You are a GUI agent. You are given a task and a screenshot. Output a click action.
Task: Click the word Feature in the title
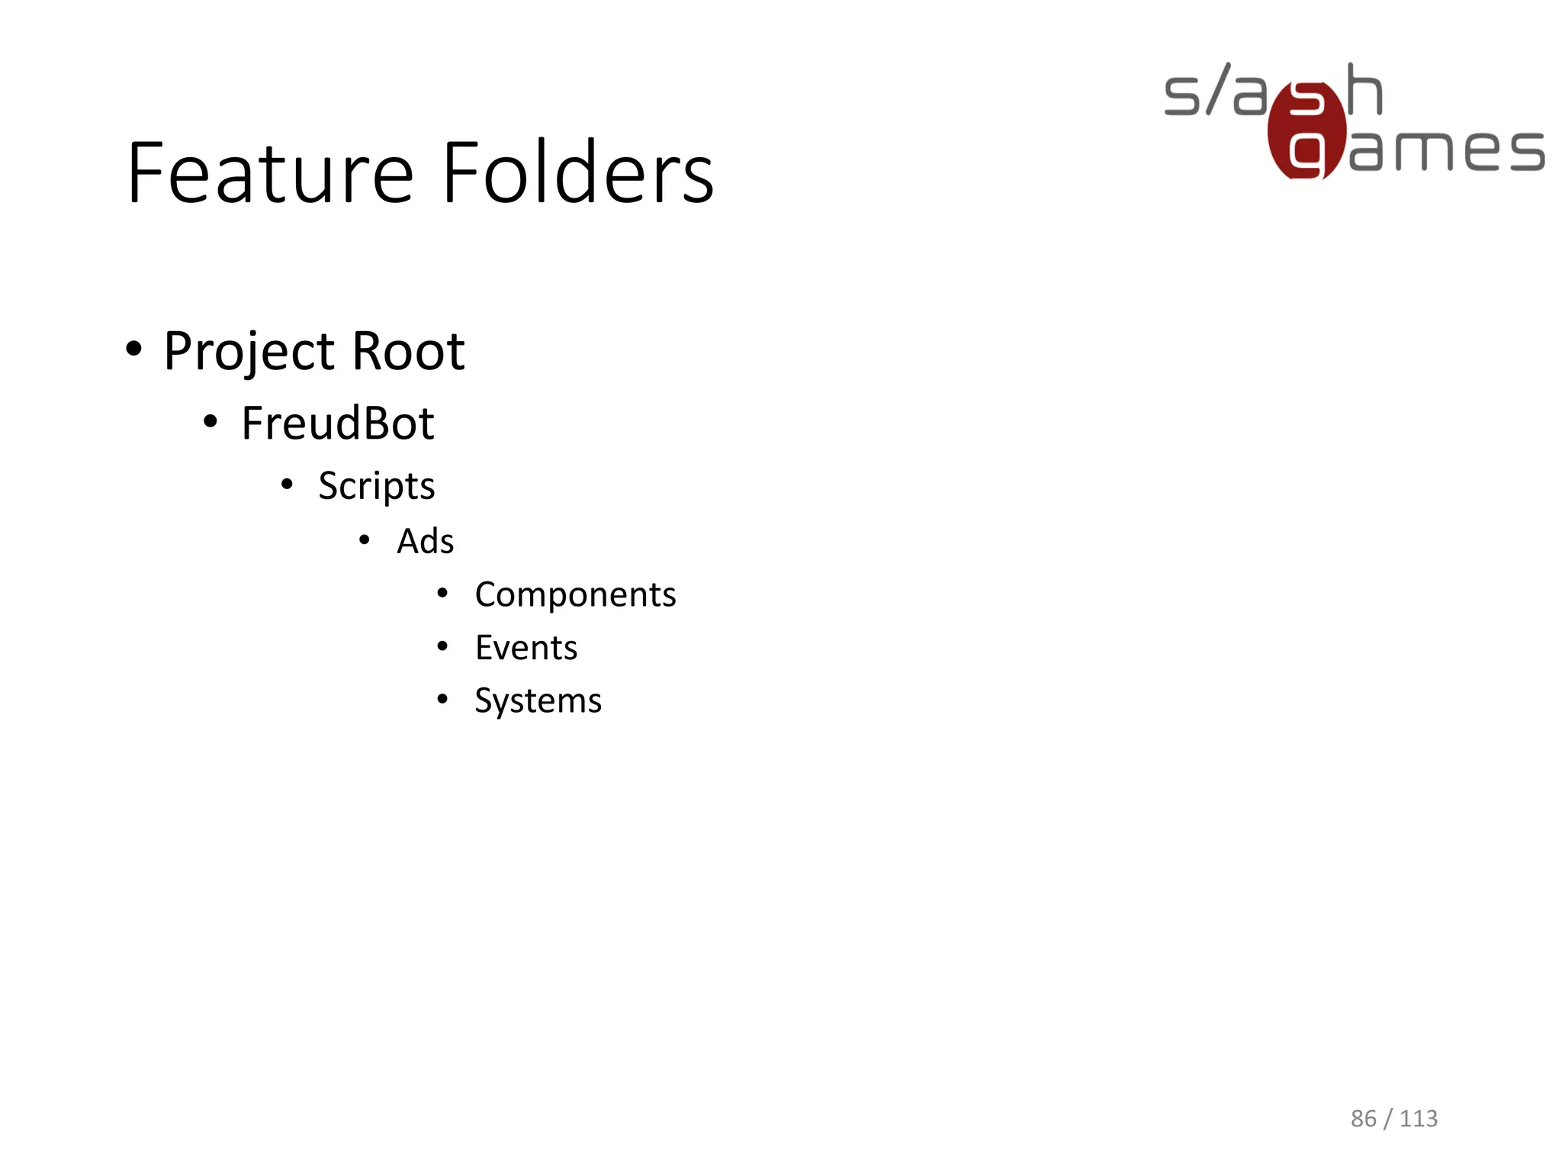tap(270, 174)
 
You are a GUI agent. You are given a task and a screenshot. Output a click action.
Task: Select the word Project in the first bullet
tap(249, 353)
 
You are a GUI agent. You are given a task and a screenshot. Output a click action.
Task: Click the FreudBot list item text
tap(337, 423)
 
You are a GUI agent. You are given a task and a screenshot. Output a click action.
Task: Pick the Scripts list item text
tap(376, 487)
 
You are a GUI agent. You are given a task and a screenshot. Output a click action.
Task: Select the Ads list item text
tap(425, 542)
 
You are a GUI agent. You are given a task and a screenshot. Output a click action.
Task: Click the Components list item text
tap(575, 595)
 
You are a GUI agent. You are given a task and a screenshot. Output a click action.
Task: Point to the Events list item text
tap(525, 649)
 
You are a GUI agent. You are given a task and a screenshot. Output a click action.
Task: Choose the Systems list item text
tap(538, 700)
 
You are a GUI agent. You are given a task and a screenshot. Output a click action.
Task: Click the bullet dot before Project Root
tap(134, 349)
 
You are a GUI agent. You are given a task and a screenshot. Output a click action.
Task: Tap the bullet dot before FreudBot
tap(211, 421)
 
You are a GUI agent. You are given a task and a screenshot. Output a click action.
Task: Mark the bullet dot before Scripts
tap(287, 485)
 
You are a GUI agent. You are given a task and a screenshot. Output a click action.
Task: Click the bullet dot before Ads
tap(365, 540)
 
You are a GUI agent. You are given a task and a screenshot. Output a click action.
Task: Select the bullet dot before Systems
tap(442, 699)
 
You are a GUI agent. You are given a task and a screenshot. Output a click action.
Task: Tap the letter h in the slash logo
tap(1364, 90)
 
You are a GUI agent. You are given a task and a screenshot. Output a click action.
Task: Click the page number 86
tap(1363, 1119)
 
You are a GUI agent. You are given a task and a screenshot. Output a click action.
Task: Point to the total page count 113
tap(1419, 1119)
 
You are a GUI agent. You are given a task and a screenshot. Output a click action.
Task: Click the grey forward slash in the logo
tap(1218, 90)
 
